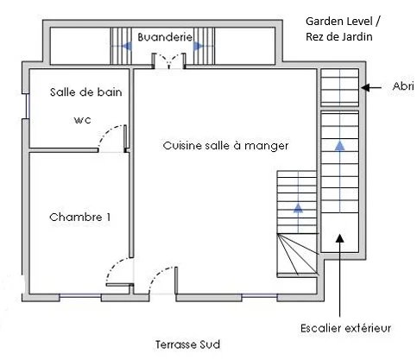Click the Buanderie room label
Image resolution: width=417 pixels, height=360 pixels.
point(165,37)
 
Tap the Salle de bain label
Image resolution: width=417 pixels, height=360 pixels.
point(86,92)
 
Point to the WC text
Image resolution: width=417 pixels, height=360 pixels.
point(83,120)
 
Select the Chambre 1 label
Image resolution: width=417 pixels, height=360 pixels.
point(80,217)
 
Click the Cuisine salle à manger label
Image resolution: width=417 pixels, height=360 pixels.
point(225,146)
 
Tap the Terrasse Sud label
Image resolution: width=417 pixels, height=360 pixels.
point(187,344)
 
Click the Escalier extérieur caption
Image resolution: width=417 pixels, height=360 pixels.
point(346,328)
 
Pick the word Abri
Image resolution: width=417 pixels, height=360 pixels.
point(403,86)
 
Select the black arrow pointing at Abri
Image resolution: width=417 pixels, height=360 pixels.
point(371,87)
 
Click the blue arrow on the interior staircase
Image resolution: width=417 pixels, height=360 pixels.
point(298,208)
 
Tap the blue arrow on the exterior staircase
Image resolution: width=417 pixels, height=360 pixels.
point(340,146)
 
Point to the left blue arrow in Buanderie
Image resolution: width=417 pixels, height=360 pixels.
point(127,46)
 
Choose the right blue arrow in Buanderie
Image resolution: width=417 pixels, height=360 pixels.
point(199,46)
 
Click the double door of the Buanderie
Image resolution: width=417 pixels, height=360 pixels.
point(169,61)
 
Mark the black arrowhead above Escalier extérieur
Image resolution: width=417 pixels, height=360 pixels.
point(340,238)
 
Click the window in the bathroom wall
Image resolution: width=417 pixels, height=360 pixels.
point(28,106)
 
